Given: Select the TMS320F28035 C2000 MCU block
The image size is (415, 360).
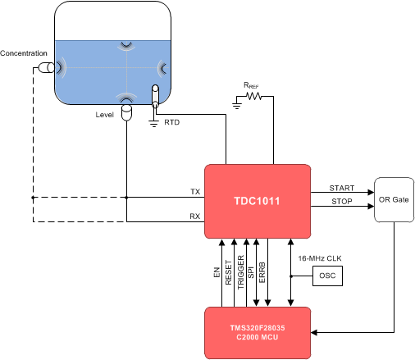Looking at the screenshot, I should point(257,332).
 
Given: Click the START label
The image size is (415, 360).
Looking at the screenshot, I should point(341,188).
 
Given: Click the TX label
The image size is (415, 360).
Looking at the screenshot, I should point(194,191).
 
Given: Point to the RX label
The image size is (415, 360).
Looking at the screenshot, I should point(194,216).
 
